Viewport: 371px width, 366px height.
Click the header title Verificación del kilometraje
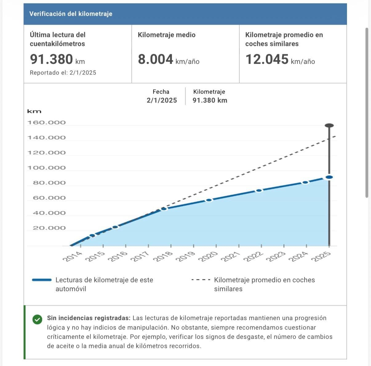click(x=71, y=14)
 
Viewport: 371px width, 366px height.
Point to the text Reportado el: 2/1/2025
click(x=63, y=73)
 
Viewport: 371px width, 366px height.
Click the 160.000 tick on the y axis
click(x=47, y=122)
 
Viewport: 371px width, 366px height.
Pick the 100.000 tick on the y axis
click(x=47, y=168)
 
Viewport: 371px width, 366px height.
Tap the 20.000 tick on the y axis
click(x=49, y=228)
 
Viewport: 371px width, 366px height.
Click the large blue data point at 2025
click(x=329, y=177)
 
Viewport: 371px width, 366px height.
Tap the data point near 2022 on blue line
click(x=259, y=190)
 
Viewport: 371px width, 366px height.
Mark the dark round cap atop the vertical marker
click(x=329, y=125)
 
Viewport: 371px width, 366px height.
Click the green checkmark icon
click(x=37, y=320)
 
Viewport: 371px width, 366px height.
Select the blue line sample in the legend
click(x=42, y=280)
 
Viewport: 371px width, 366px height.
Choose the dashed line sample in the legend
click(x=200, y=280)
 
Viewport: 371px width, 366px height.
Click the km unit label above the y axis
click(x=34, y=111)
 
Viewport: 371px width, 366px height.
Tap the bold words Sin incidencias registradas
click(x=89, y=318)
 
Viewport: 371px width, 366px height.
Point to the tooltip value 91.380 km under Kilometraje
click(x=210, y=100)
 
